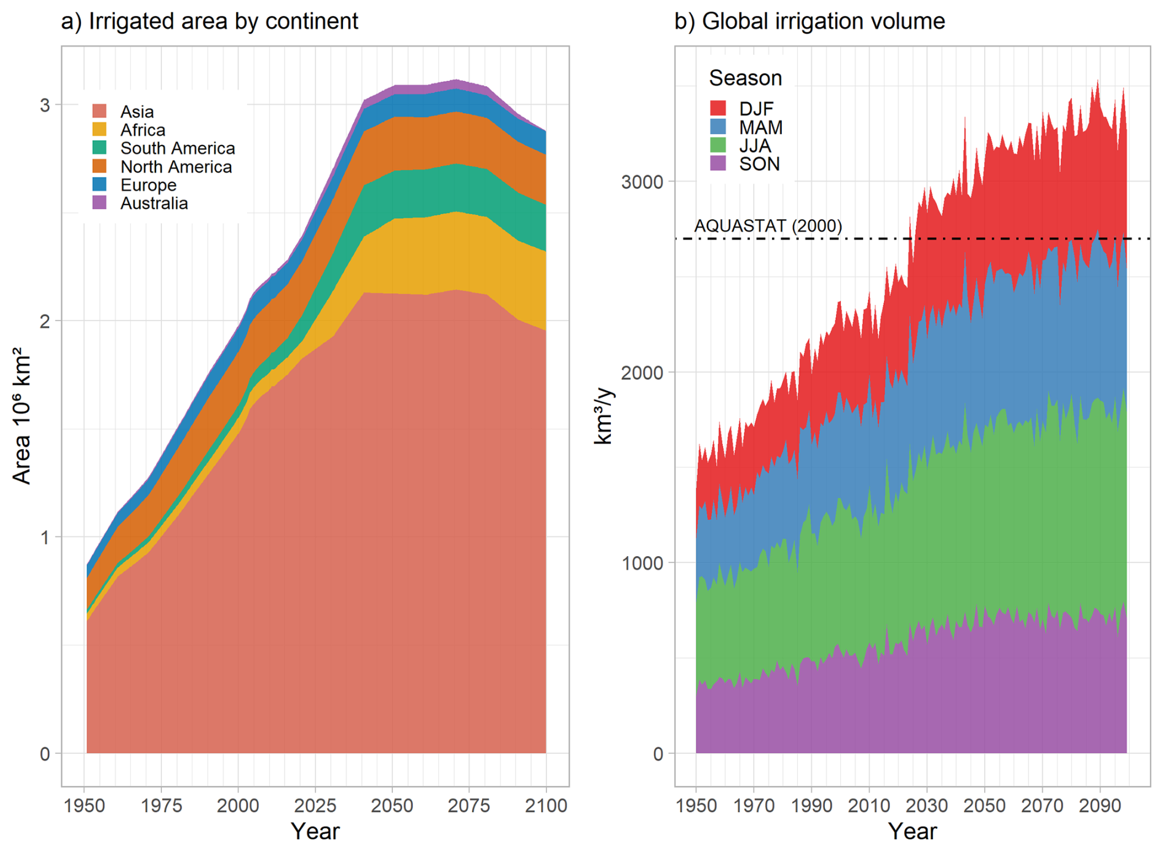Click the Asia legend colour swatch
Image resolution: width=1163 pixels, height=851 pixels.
click(x=100, y=111)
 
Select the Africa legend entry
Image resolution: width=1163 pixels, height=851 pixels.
click(x=143, y=130)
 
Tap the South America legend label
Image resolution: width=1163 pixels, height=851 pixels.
click(x=177, y=149)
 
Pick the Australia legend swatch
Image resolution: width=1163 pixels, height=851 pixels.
click(x=100, y=203)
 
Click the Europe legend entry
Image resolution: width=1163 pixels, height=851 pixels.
click(x=148, y=185)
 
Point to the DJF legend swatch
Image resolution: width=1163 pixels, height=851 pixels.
click(x=718, y=109)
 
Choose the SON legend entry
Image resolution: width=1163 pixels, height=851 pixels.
click(x=759, y=164)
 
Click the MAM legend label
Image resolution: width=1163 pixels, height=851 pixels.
click(x=760, y=128)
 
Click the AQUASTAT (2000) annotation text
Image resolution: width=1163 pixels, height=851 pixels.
click(x=768, y=226)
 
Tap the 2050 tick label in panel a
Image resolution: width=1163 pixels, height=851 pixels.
click(x=392, y=806)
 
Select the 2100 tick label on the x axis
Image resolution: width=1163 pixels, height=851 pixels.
click(x=546, y=806)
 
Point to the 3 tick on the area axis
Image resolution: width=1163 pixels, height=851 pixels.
click(x=45, y=105)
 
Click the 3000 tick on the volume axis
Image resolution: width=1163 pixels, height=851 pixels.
click(x=642, y=182)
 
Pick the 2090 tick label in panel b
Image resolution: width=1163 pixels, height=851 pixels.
click(x=1100, y=806)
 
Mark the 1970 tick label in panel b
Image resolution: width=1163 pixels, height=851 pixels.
click(x=754, y=806)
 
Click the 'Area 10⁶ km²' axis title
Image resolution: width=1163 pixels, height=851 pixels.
click(x=22, y=415)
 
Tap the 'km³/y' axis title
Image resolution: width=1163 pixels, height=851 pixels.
click(x=604, y=415)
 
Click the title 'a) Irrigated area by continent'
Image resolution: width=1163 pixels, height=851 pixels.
click(x=210, y=22)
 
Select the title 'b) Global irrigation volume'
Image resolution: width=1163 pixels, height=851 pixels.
click(x=810, y=22)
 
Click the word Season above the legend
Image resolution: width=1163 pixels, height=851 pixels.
click(x=745, y=78)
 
